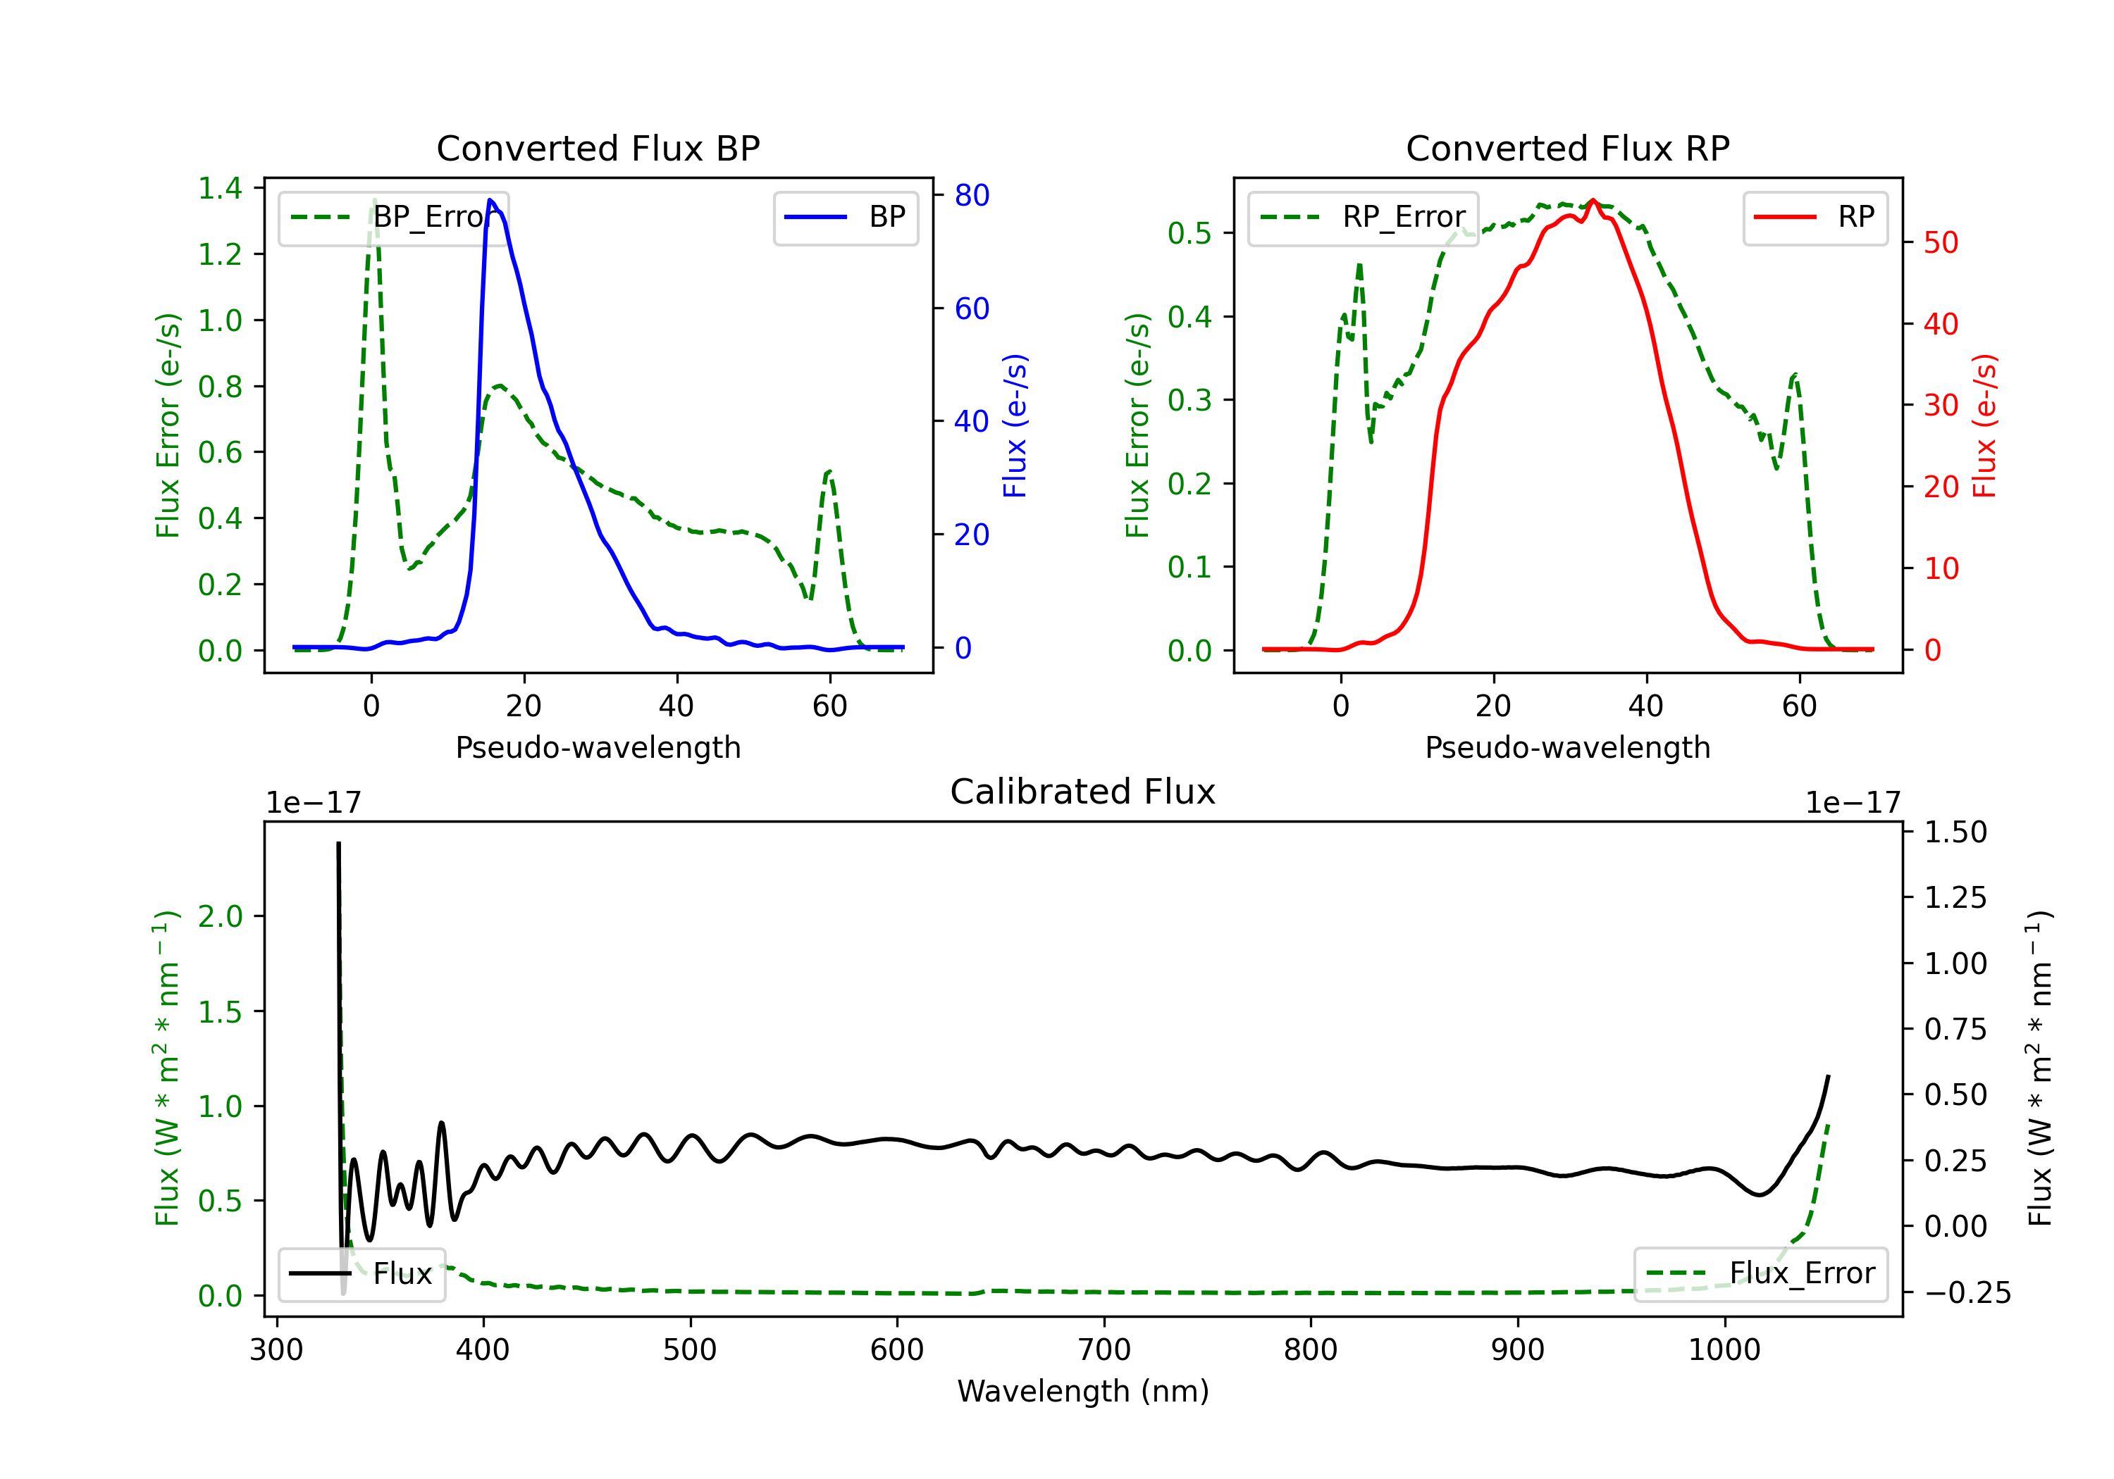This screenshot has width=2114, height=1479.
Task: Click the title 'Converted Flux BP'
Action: [598, 148]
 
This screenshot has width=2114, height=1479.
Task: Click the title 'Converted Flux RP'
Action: [1567, 148]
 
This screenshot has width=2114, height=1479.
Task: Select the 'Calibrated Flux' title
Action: [1083, 792]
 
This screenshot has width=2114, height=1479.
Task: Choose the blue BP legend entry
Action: [845, 217]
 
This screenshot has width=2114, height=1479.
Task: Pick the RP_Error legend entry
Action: [1363, 217]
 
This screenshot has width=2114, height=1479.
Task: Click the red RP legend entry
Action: [1815, 217]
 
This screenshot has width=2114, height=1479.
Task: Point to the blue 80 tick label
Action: [971, 195]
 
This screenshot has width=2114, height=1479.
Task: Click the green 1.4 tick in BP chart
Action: [220, 188]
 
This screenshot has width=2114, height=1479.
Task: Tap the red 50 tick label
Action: [1941, 243]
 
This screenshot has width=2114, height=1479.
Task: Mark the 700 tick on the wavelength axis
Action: [1103, 1350]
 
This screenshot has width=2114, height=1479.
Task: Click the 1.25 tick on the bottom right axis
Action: [1955, 897]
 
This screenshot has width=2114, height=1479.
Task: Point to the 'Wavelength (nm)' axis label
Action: [1083, 1391]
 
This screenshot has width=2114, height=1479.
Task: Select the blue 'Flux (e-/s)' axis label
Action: [1015, 425]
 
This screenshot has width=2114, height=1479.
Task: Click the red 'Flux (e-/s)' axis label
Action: [1984, 425]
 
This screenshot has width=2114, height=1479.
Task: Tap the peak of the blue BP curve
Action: [490, 200]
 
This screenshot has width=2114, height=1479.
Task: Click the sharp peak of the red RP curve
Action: [1592, 200]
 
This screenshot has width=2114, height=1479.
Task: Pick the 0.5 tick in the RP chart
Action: [1189, 233]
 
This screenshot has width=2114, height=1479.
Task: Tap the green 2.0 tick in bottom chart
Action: [220, 917]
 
